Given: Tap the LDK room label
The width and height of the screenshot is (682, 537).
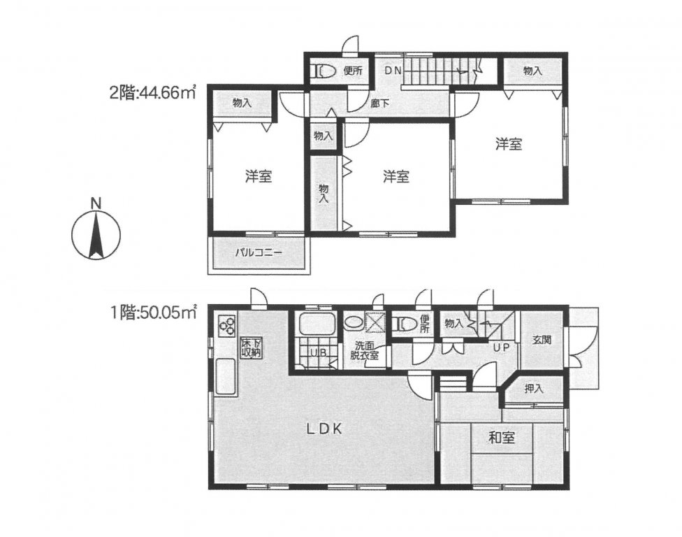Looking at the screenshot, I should pos(322,429).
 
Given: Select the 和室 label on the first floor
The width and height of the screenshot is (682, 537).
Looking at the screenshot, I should pos(501,438).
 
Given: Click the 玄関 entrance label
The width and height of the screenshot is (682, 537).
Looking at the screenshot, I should pos(542,341).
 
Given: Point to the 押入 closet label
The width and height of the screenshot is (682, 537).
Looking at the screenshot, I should pos(534,389).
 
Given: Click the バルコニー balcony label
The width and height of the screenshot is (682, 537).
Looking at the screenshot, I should pos(258,252).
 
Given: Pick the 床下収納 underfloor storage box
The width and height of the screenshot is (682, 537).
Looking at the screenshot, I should pos(252,348).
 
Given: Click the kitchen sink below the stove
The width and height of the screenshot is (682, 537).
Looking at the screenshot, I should pos(226,377).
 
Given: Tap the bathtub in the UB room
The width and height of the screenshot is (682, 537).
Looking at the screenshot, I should pos(317,325).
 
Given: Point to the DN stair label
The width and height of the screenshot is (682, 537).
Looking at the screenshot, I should pos(392,70).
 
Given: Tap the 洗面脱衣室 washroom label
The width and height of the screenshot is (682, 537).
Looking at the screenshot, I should pos(364,350).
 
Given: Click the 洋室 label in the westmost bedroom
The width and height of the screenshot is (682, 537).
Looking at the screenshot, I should pos(258,177).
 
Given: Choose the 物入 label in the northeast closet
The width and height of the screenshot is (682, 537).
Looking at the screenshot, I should pos(532,70).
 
